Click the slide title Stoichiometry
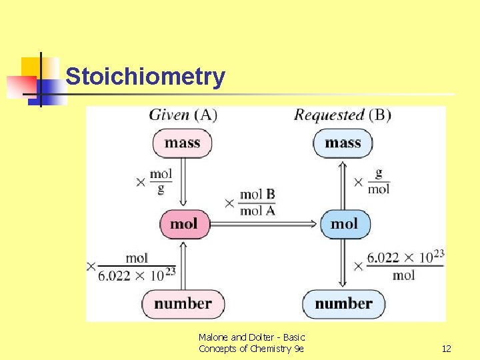coord(145,77)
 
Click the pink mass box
coord(183,143)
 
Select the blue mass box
coord(343,143)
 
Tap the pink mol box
coord(184,223)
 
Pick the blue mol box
coord(344,223)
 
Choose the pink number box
coord(183,304)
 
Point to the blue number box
coord(343,304)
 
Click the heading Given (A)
coord(183,115)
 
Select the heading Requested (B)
coord(343,115)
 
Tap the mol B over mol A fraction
coord(257,202)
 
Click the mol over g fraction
coord(161,181)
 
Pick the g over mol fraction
coord(379,181)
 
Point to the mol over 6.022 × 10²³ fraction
coord(137,266)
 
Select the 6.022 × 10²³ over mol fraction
coord(405,265)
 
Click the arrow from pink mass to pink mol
coord(183,183)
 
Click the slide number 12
coord(447,349)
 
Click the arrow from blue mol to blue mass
coord(343,183)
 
